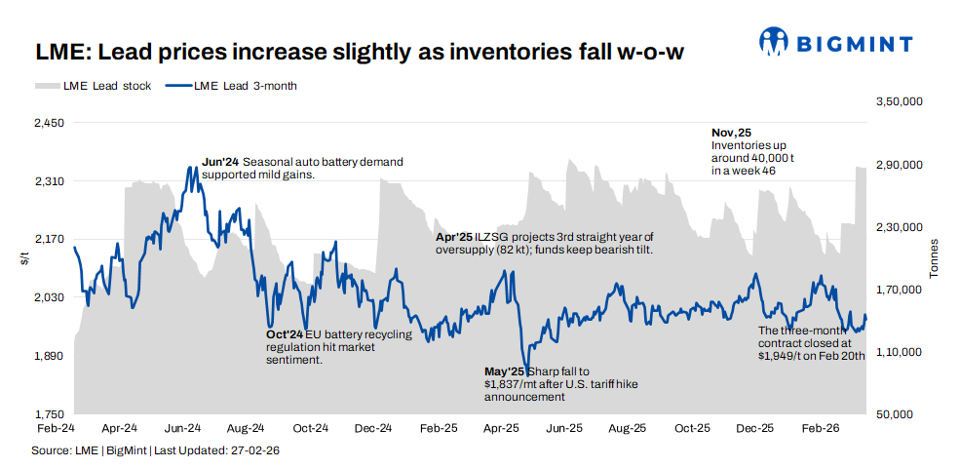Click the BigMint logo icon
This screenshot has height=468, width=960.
[x=775, y=41]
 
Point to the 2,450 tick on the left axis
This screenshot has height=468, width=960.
[x=48, y=124]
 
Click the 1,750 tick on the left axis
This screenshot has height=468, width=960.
[x=48, y=414]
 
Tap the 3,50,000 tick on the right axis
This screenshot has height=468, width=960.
[x=900, y=101]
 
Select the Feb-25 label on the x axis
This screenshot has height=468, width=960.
[x=438, y=428]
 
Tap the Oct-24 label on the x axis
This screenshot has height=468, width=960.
[x=309, y=428]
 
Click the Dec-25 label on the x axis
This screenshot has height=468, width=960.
[x=754, y=428]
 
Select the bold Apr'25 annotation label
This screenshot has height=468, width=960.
[x=453, y=237]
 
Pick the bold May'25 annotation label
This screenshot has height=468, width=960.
[x=505, y=371]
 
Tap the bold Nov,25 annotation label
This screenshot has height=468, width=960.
[x=731, y=133]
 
